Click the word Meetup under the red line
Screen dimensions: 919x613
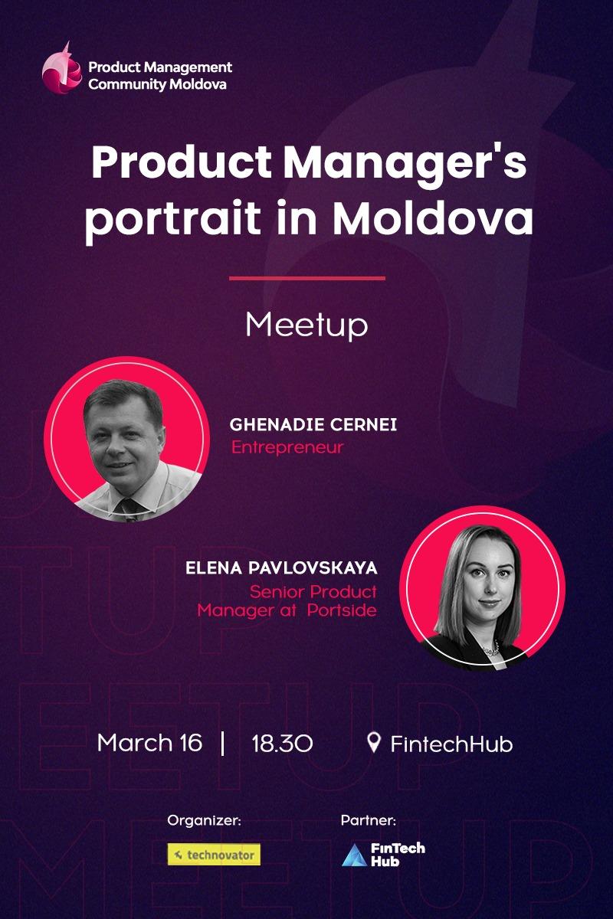point(306,325)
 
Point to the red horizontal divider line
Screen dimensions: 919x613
point(306,278)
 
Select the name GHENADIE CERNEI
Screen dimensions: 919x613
point(313,425)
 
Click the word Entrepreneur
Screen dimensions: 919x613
point(287,446)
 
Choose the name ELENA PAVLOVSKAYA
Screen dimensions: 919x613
point(281,569)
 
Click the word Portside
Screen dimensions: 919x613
point(346,611)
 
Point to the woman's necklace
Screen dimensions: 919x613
point(491,649)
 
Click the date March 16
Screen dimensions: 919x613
point(149,743)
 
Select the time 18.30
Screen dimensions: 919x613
point(282,744)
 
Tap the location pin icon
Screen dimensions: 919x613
point(374,742)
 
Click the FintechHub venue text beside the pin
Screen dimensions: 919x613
point(451,744)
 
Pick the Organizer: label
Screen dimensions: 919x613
point(205,821)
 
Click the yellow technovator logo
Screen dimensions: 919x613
point(214,855)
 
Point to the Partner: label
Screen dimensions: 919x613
point(369,821)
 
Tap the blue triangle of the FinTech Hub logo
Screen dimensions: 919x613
point(354,855)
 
